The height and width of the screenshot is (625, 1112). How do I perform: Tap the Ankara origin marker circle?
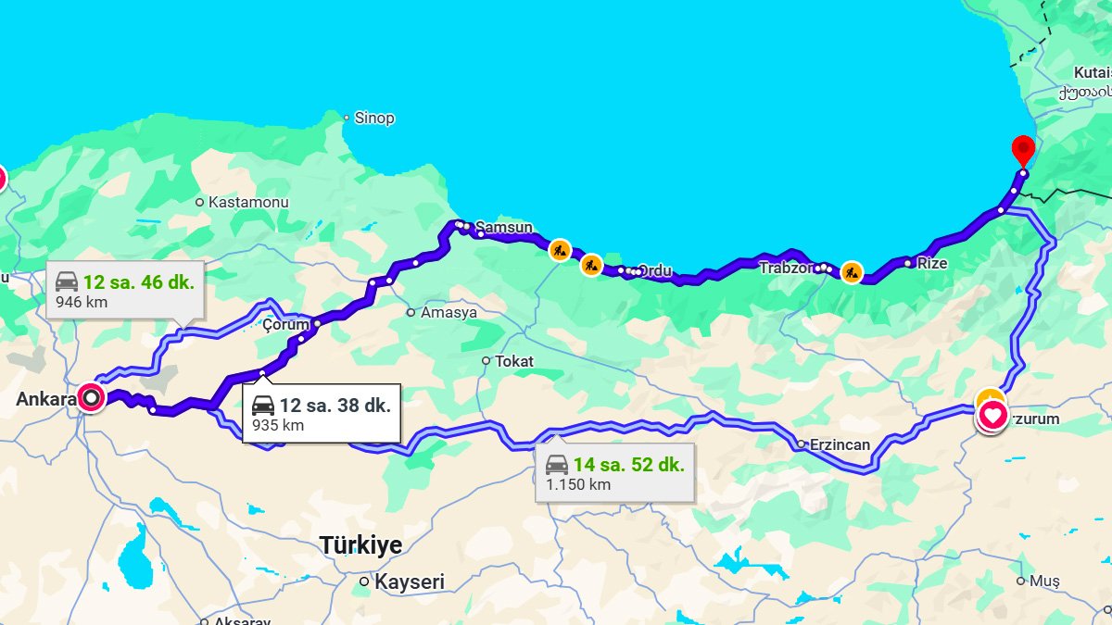91,398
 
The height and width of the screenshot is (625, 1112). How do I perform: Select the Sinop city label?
374,119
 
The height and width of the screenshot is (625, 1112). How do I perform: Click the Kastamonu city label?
248,202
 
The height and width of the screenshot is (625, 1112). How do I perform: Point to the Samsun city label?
504,228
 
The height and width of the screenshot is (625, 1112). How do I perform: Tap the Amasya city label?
449,313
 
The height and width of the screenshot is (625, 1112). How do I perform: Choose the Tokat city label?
514,361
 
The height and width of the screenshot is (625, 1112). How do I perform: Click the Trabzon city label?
785,268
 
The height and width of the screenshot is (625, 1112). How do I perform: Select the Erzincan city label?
840,444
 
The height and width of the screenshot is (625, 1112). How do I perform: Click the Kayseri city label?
409,582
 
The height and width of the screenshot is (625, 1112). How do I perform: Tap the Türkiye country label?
361,545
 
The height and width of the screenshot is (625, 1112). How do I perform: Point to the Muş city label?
1044,581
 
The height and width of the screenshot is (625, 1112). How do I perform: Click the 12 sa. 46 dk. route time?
139,282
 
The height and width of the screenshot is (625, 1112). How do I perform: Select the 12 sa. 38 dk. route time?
335,406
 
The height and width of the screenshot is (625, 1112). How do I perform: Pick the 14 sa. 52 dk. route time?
628,465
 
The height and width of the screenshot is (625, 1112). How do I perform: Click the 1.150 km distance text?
578,484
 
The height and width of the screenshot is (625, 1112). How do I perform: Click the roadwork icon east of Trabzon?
852,272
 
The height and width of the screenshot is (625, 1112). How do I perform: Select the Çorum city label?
284,324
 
